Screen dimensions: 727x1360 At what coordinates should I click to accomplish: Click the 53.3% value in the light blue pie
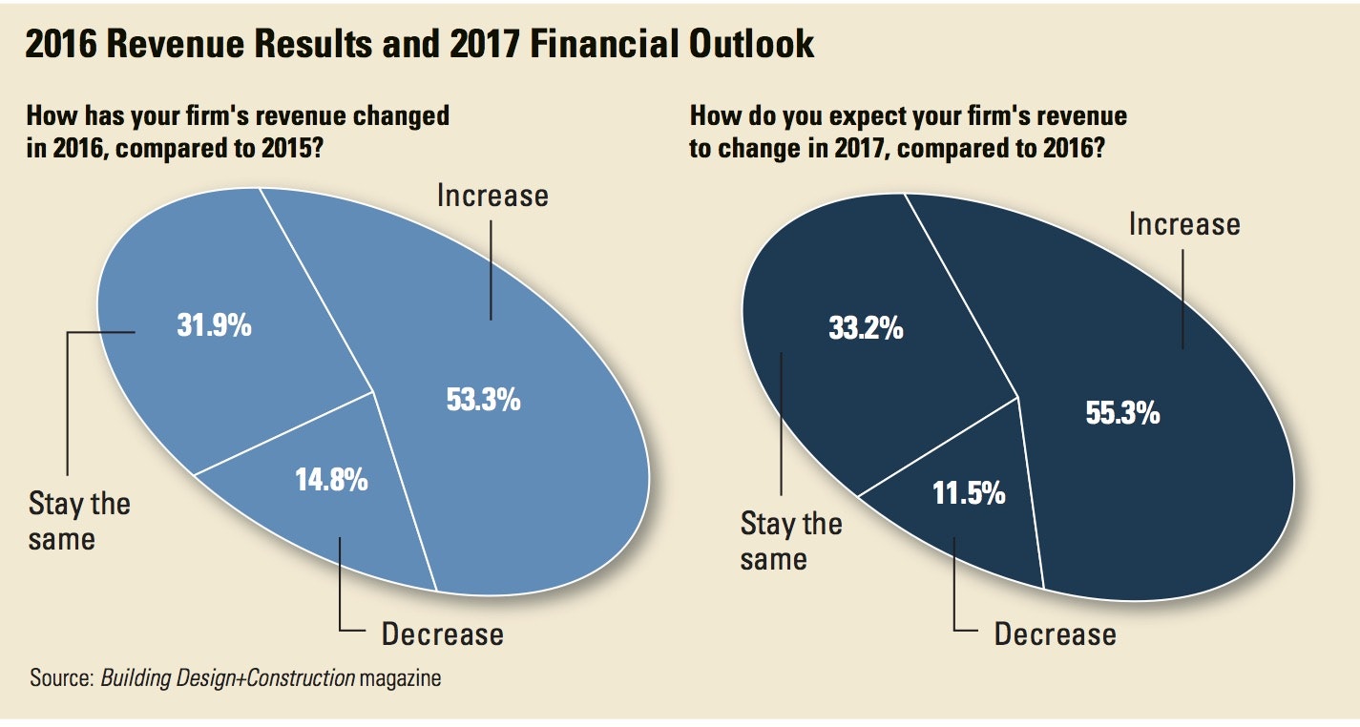click(483, 399)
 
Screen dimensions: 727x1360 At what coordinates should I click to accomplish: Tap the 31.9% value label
click(214, 325)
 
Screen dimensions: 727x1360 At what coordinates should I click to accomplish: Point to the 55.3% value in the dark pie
click(1122, 412)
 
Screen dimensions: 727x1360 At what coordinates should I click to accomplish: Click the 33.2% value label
click(866, 329)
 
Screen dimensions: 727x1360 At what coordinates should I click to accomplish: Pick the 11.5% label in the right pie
click(968, 493)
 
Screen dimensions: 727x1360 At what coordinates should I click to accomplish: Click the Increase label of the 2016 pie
click(492, 196)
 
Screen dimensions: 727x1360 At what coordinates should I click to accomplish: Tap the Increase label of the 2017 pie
click(1184, 224)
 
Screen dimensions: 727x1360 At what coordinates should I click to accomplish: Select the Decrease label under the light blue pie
click(442, 634)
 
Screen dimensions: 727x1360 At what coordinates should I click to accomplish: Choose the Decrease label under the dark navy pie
click(1055, 634)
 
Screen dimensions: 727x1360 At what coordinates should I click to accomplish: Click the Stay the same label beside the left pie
click(79, 521)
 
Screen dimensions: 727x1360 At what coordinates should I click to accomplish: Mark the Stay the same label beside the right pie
click(791, 540)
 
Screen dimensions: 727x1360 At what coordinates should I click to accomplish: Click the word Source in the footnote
click(59, 679)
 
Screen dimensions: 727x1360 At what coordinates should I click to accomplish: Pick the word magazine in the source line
click(401, 679)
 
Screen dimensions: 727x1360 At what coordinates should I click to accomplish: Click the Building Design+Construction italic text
click(227, 679)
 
